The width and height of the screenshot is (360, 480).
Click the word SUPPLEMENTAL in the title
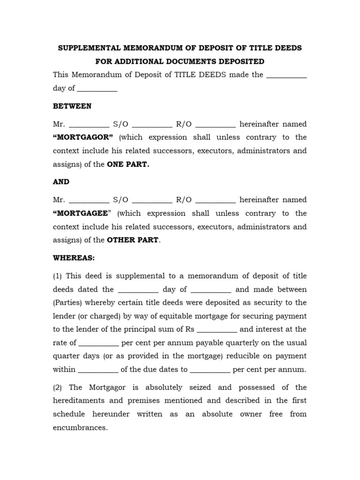87,48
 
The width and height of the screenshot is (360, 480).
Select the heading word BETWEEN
72,106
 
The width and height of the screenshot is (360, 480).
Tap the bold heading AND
61,181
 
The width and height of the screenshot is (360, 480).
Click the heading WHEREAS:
74,258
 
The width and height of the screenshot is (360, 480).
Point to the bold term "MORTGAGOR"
83,137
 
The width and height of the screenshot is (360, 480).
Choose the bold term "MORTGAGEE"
82,213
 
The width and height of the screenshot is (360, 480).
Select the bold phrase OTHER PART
133,240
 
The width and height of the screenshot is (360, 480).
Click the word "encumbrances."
80,427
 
